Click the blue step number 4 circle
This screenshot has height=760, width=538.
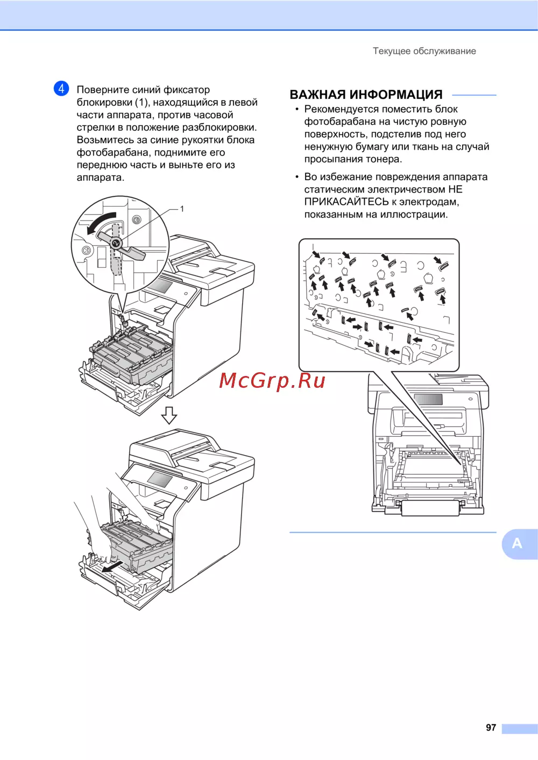click(61, 89)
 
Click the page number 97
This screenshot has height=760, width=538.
click(491, 728)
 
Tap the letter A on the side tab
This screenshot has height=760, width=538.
click(517, 544)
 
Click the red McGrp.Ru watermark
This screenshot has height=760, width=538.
click(272, 381)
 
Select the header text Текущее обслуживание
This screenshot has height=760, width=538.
click(424, 51)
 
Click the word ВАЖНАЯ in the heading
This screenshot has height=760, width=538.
click(317, 95)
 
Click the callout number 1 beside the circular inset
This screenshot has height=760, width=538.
click(182, 209)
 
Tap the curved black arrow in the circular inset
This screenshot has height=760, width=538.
click(101, 223)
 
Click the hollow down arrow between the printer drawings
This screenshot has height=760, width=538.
click(169, 415)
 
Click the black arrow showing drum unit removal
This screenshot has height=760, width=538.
click(112, 566)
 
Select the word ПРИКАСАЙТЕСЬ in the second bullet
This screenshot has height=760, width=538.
click(346, 202)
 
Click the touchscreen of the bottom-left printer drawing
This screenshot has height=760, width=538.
click(160, 479)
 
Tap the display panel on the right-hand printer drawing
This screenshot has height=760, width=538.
click(428, 399)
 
